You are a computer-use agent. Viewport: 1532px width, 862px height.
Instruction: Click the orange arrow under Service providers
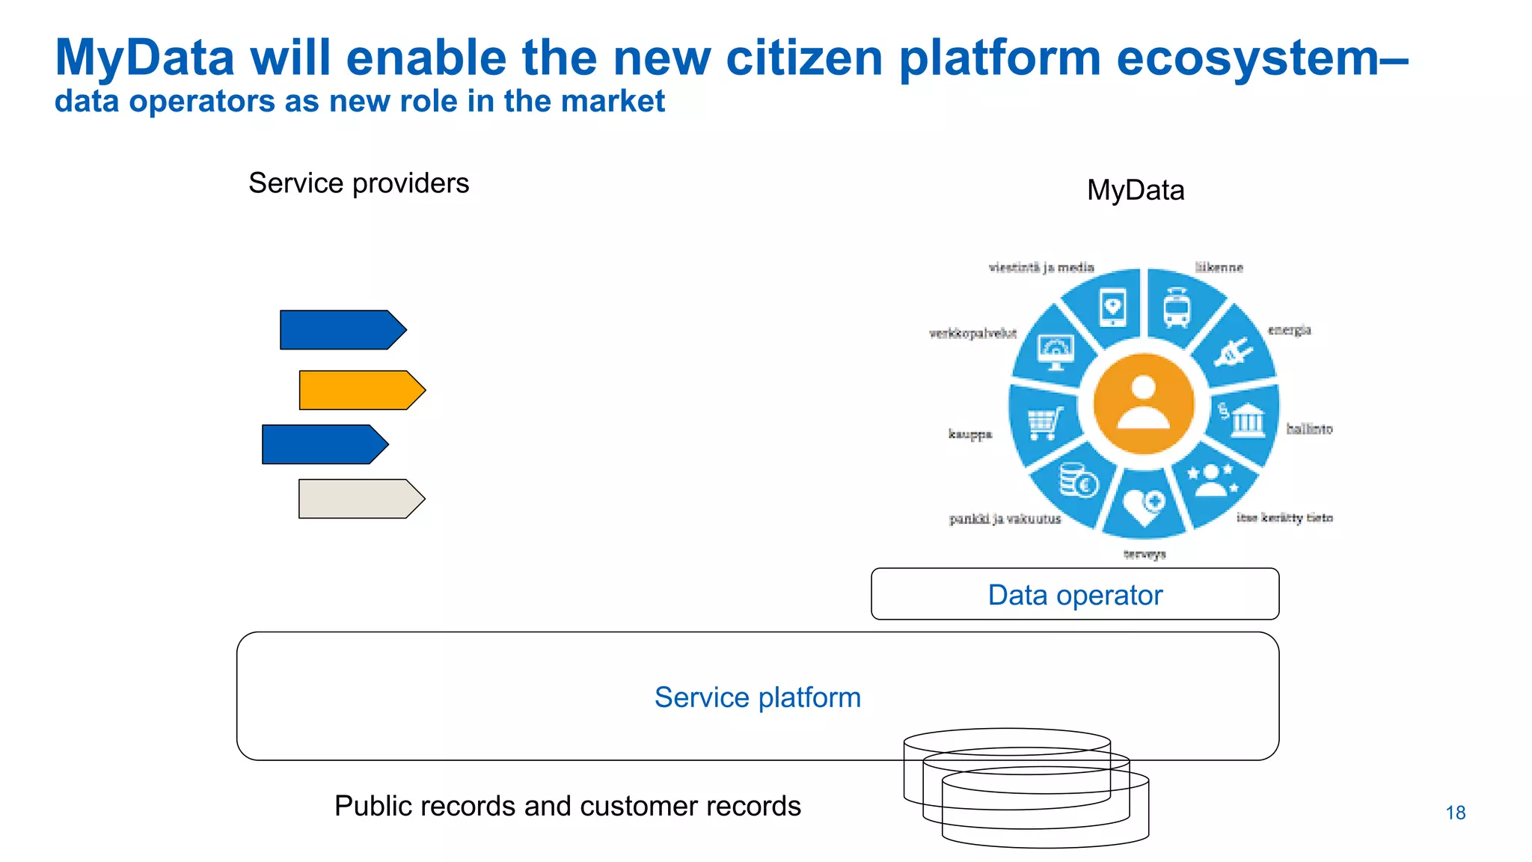click(x=361, y=390)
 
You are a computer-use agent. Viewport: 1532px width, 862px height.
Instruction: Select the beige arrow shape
click(x=361, y=498)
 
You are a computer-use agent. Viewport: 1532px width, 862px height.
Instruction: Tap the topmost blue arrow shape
click(x=342, y=330)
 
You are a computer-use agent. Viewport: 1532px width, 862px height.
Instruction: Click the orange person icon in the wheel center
click(x=1143, y=404)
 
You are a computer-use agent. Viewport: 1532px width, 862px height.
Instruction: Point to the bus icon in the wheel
click(x=1176, y=308)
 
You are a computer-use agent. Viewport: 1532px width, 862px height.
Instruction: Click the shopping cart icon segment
click(x=1045, y=424)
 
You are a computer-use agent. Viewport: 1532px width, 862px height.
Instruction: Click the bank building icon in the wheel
click(x=1245, y=420)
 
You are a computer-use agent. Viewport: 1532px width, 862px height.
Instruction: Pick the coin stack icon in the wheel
click(x=1078, y=480)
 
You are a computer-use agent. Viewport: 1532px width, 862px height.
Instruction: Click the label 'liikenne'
click(x=1219, y=267)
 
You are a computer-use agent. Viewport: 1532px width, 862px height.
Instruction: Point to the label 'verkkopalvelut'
click(x=972, y=334)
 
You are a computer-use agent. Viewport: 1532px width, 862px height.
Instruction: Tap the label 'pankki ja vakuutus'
click(x=1005, y=519)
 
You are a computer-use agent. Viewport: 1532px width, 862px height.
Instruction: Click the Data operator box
click(x=1075, y=595)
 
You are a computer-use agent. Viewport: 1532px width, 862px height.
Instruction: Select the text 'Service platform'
click(x=757, y=697)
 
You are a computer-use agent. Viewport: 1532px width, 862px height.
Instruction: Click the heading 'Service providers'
click(x=358, y=183)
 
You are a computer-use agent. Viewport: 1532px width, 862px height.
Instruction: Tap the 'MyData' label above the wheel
click(x=1135, y=190)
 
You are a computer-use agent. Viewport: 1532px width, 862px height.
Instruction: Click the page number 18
click(x=1455, y=813)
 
